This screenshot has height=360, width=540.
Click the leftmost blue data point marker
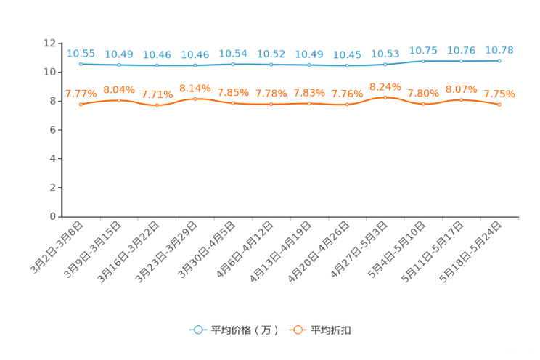[81, 65]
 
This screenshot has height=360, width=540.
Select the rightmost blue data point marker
[499, 61]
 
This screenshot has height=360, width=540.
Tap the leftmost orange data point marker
[81, 105]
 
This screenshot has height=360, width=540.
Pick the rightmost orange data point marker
[499, 105]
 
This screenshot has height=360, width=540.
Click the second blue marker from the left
[119, 65]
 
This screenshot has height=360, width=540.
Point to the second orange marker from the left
[119, 100]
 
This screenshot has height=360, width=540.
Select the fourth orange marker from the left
[195, 99]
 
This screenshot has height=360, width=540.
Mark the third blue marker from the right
[423, 61]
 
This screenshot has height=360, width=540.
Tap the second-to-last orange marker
[462, 100]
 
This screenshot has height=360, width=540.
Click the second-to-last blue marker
[462, 62]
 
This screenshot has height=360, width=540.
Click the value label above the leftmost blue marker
[81, 53]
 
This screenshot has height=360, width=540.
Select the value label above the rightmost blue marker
[499, 49]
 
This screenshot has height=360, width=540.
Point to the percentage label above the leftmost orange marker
[81, 94]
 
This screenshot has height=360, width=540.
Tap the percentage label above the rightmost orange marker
[499, 94]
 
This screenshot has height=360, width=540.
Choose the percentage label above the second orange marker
[119, 89]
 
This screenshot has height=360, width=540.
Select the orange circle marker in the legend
[298, 330]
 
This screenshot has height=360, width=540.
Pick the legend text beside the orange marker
[332, 330]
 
